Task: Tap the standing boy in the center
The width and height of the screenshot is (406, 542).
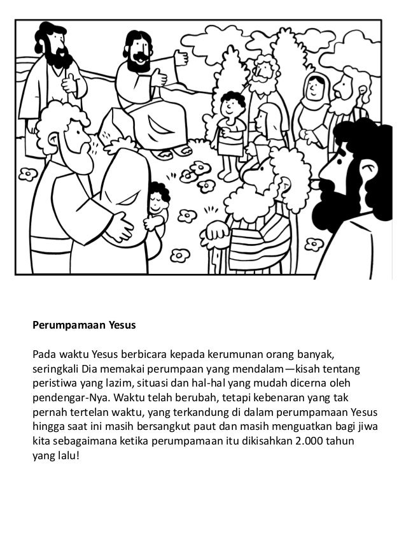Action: point(230,134)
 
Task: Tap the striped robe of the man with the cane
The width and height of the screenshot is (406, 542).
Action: point(255,236)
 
